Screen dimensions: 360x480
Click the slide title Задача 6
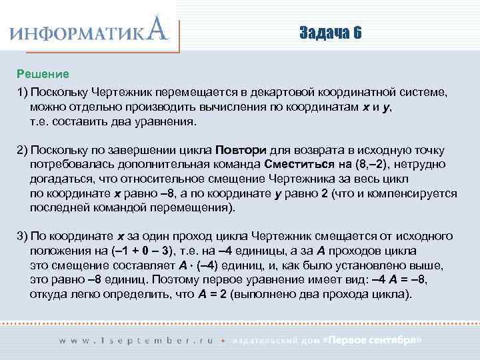[x=331, y=33]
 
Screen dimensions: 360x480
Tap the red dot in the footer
[x=223, y=340]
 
